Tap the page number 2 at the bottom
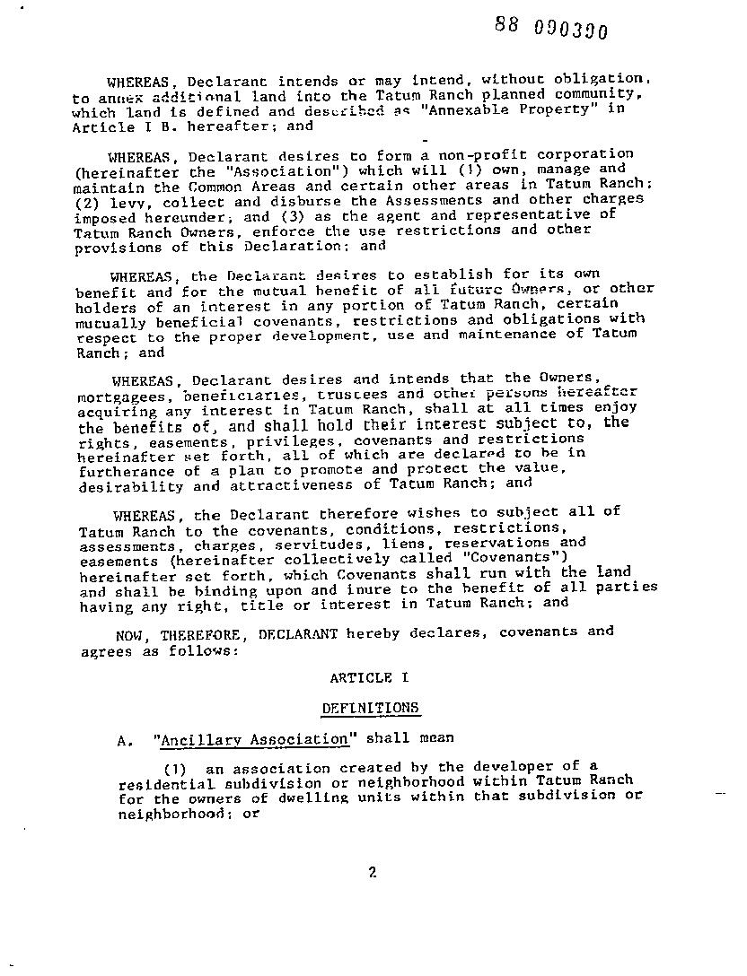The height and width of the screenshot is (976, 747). point(372,871)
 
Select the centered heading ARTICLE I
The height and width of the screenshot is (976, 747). point(361,678)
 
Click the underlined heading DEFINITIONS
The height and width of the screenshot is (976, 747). point(371,708)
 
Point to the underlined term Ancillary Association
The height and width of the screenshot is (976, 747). point(252,739)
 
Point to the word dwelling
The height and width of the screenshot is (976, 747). point(265,797)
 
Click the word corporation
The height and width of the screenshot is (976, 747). point(593,154)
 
